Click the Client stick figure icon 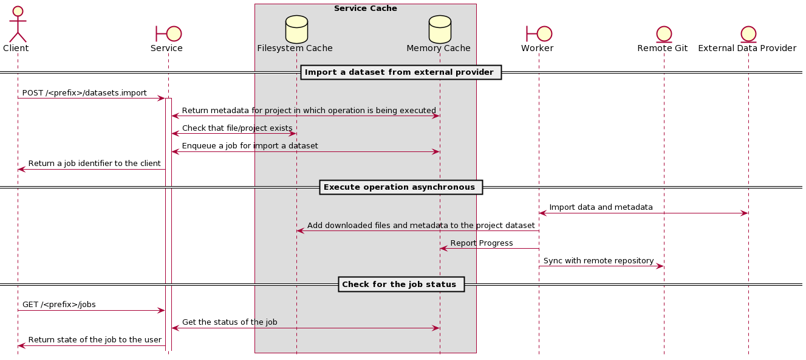18,24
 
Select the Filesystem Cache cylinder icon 296,29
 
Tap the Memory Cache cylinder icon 440,29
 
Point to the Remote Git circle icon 664,34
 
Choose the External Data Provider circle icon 748,34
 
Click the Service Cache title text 366,9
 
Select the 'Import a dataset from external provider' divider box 401,72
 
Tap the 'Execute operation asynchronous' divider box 401,187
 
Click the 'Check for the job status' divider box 401,285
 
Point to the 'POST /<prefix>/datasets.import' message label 84,93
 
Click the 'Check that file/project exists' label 237,128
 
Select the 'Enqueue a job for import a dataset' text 250,146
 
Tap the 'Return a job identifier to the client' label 94,164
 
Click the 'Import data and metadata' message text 601,207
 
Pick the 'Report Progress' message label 482,243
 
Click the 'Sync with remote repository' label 599,261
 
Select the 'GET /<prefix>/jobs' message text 59,305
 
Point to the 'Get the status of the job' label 230,322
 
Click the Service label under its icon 166,48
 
